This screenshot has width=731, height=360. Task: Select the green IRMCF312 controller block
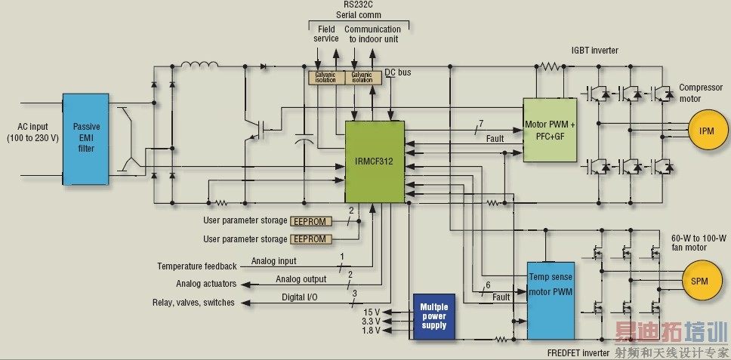click(375, 162)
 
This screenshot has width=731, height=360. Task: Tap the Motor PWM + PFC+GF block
click(550, 129)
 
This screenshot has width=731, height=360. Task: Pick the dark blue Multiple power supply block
click(433, 315)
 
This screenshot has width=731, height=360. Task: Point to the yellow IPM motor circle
click(707, 131)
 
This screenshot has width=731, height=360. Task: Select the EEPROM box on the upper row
click(310, 221)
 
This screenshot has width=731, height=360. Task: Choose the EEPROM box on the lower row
click(310, 239)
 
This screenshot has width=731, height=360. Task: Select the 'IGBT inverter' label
click(594, 51)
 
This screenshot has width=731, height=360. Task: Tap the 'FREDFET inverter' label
click(578, 352)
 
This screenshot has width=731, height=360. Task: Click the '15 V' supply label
click(372, 312)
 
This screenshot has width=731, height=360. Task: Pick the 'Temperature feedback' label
click(196, 266)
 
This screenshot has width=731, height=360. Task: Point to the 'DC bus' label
click(398, 72)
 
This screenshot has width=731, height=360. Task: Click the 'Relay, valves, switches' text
click(193, 303)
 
